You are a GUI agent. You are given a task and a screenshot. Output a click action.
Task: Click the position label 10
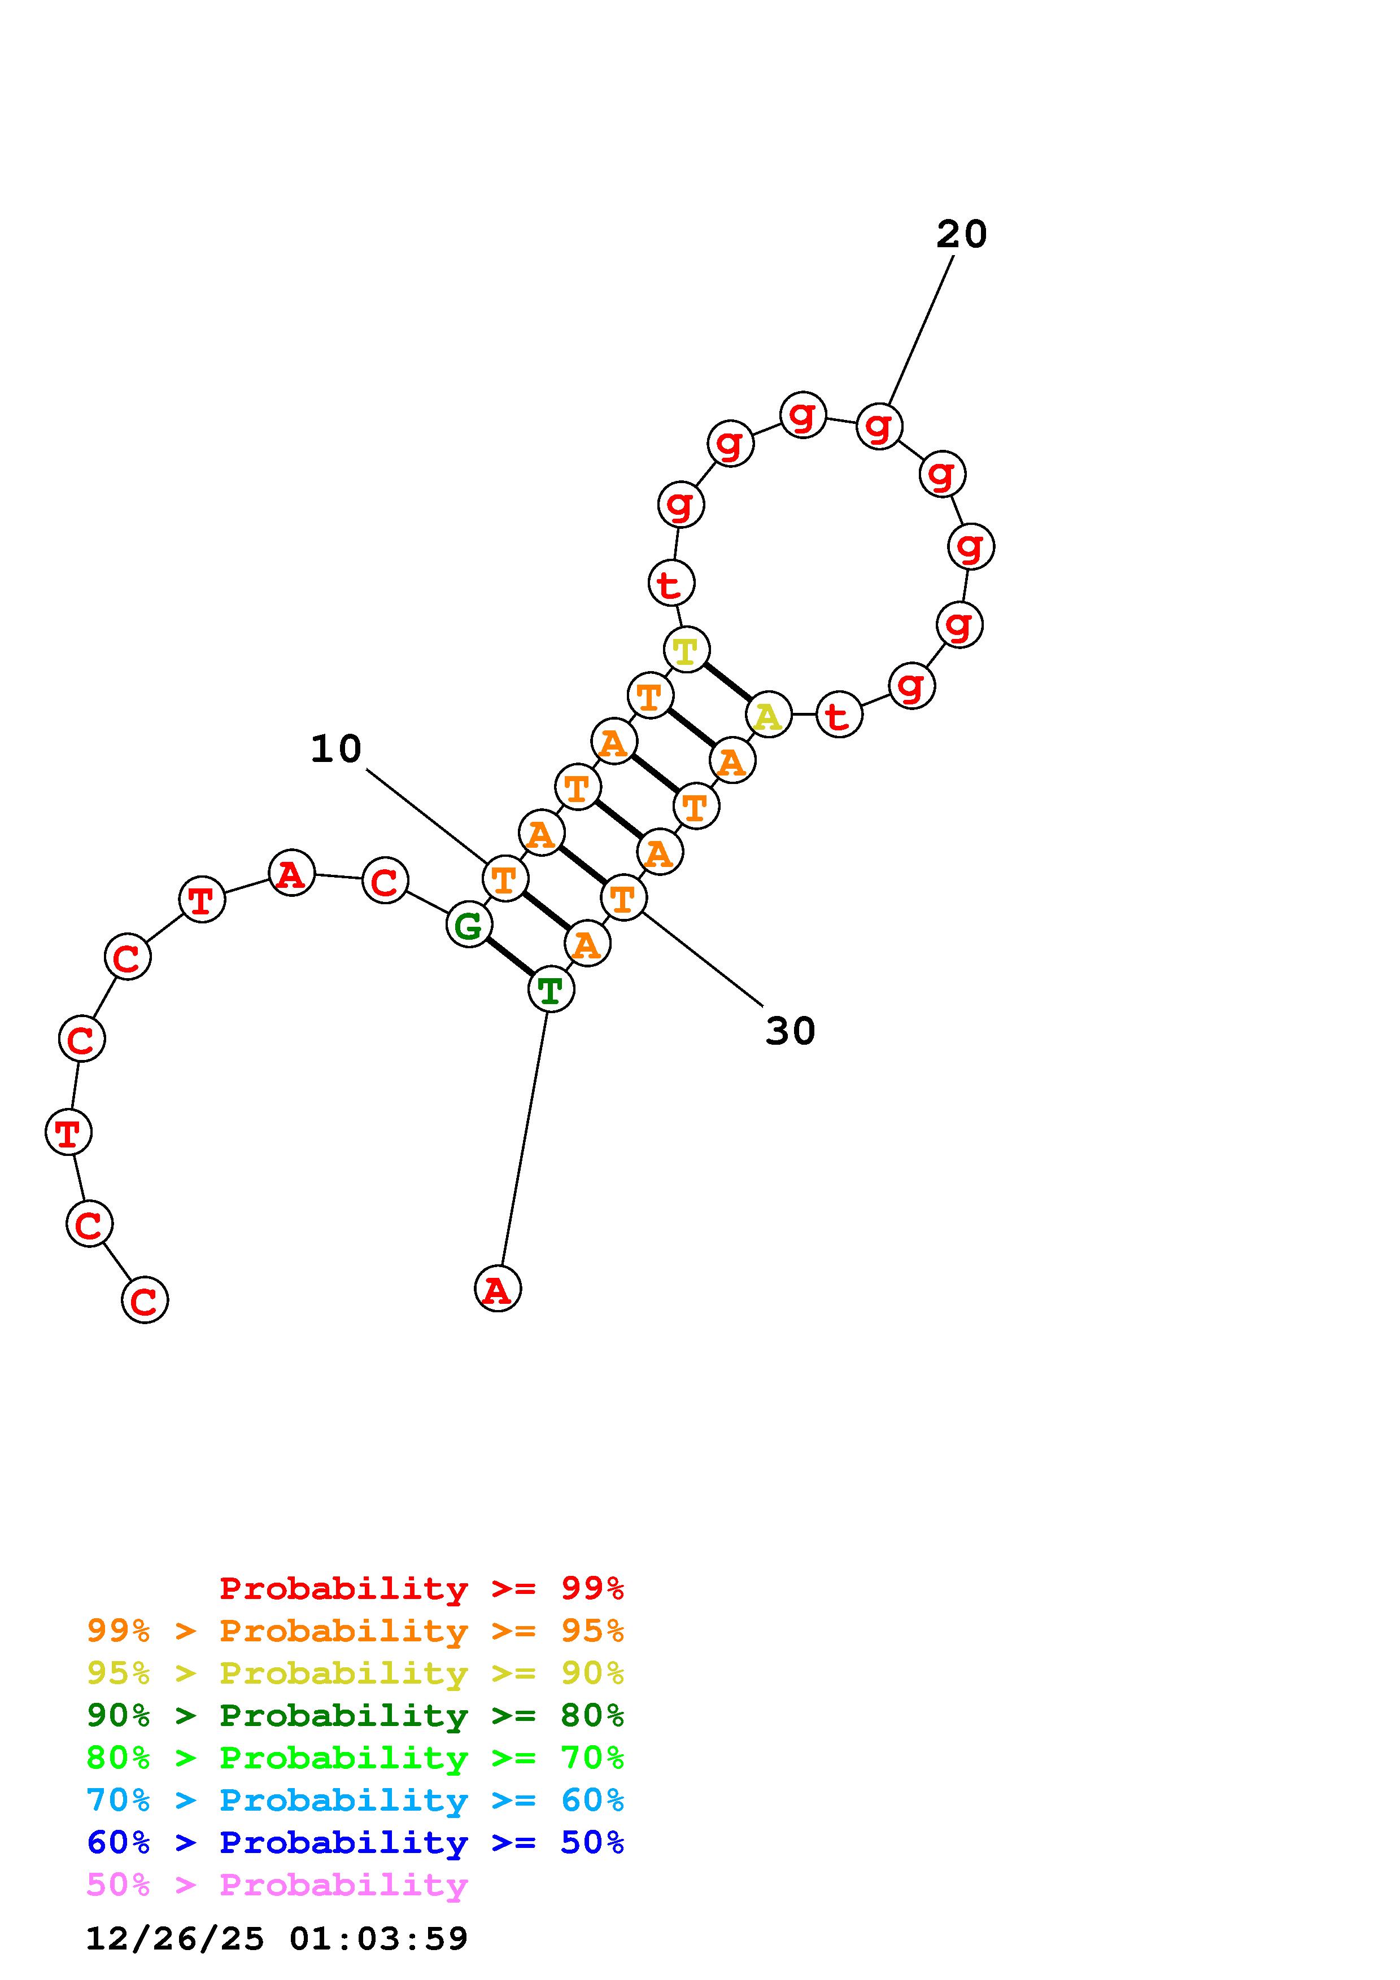[335, 748]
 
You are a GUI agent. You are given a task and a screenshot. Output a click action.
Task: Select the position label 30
[790, 1031]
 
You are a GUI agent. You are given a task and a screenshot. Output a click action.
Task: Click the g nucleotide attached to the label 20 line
[879, 426]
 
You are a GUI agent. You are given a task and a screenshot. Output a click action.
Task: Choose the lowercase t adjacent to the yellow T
[671, 583]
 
